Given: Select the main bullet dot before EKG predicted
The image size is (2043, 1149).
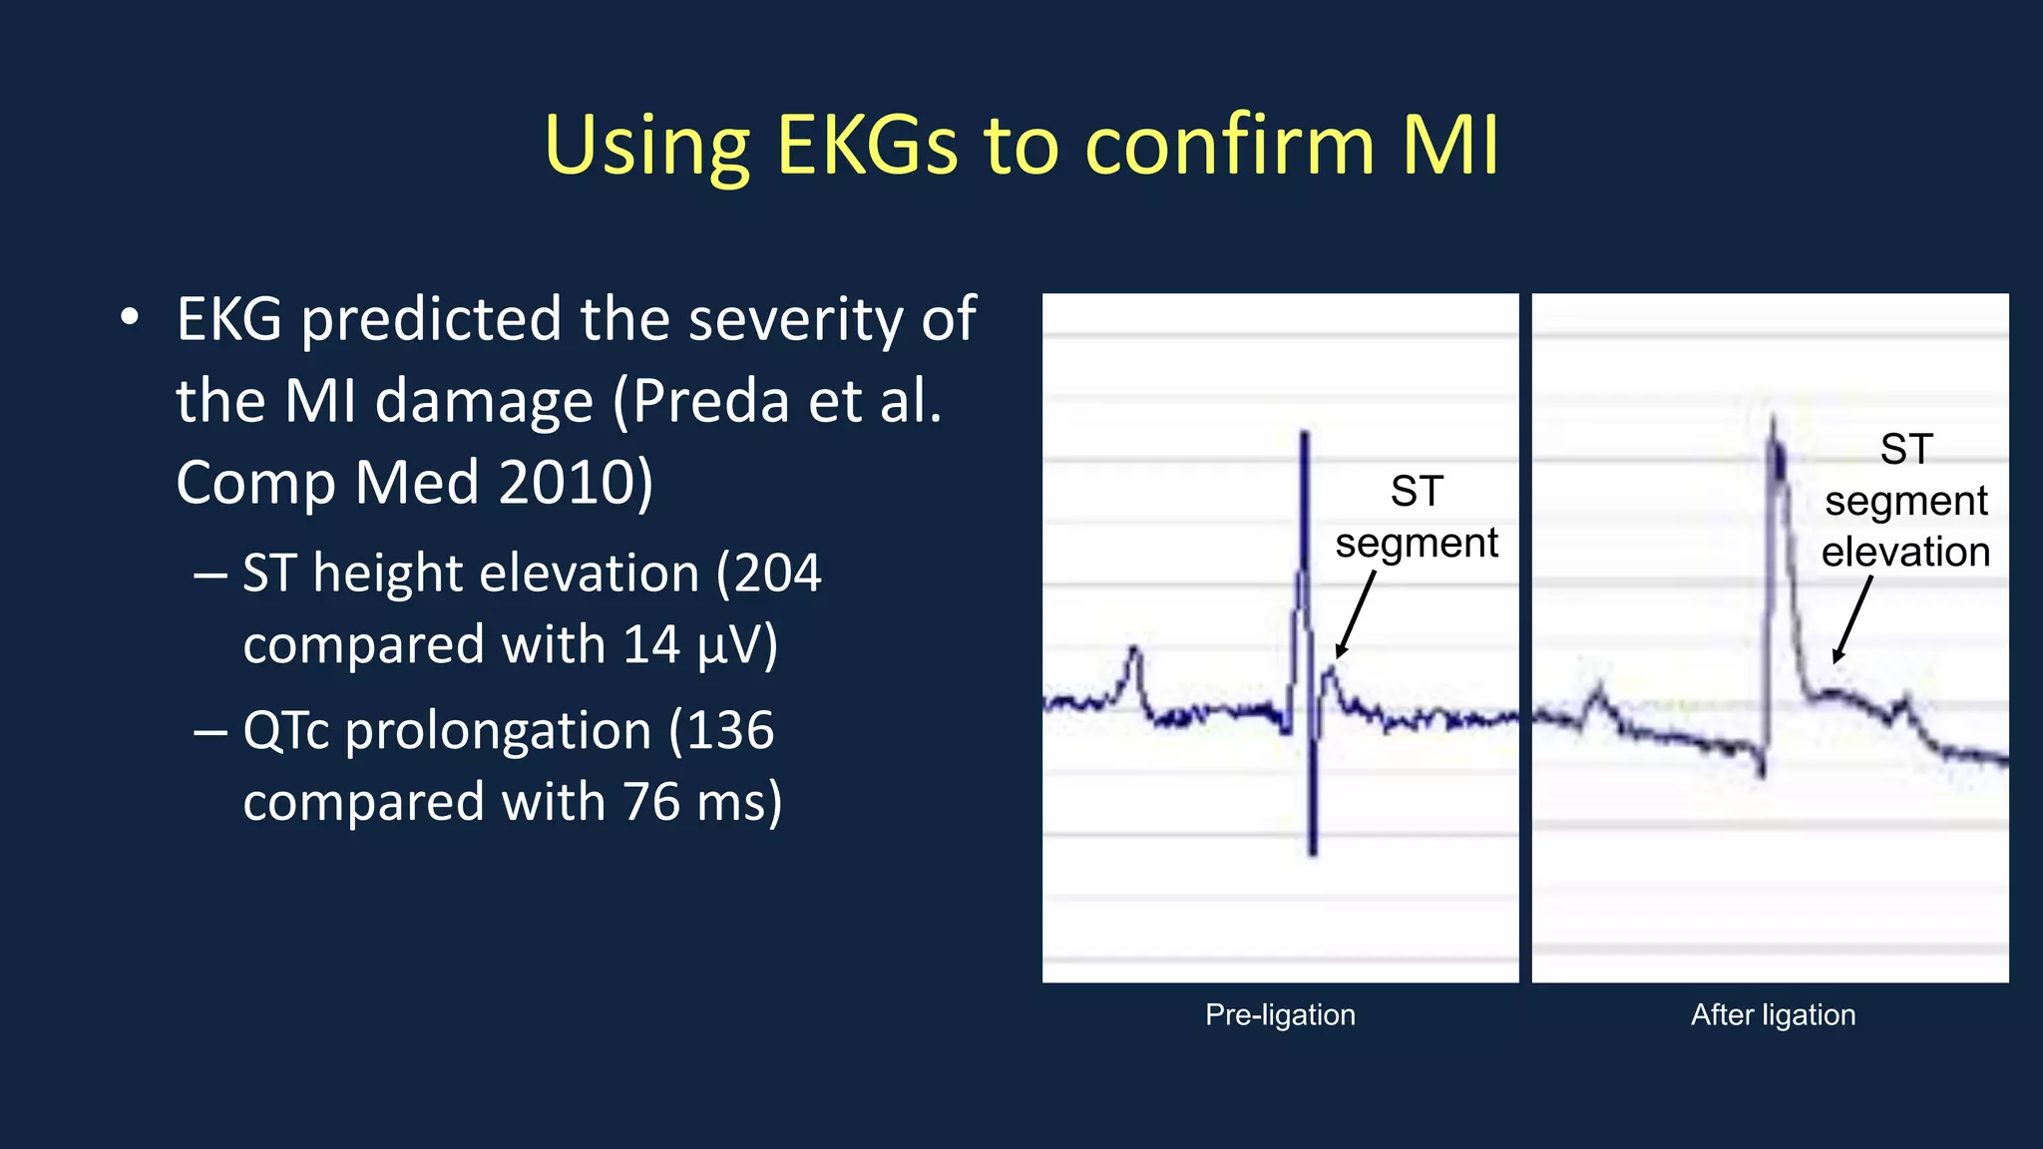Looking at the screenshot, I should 130,319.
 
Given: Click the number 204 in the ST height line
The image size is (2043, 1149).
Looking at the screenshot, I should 778,574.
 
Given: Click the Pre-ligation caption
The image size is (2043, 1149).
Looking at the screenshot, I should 1280,1014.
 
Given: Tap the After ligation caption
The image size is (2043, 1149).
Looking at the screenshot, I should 1773,1014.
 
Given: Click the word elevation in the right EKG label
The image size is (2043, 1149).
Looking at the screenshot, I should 1905,552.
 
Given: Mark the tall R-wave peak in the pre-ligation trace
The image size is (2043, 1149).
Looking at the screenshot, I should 1304,435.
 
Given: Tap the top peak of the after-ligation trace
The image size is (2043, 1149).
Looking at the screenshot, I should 1774,419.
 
